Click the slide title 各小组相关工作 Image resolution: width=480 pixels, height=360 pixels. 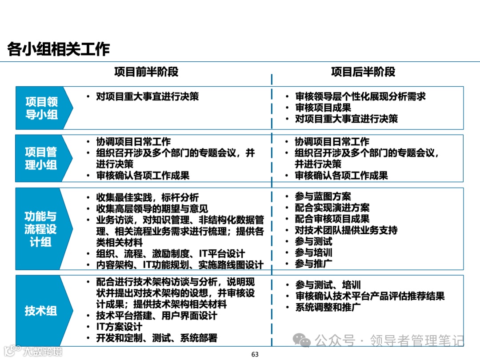[58, 49]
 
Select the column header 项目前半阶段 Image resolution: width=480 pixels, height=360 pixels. [146, 72]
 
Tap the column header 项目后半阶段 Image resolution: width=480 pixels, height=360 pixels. [363, 72]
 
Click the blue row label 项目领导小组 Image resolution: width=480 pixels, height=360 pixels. [41, 108]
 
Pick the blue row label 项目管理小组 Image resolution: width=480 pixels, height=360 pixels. [41, 158]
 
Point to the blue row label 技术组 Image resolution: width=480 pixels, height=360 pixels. [41, 310]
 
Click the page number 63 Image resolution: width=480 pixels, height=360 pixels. [255, 354]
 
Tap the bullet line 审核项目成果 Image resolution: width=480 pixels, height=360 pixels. [323, 108]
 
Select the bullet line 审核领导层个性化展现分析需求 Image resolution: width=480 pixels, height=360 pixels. [360, 96]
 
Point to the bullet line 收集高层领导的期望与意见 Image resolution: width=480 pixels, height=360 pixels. [152, 208]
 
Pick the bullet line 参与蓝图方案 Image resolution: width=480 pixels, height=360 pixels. [323, 196]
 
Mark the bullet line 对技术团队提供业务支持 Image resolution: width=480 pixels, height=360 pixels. [346, 230]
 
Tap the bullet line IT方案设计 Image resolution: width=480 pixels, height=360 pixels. [119, 327]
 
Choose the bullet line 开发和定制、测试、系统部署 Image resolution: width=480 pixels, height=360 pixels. [156, 338]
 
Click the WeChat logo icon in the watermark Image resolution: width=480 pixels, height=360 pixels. [304, 341]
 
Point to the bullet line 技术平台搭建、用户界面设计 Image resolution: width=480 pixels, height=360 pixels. [156, 316]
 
